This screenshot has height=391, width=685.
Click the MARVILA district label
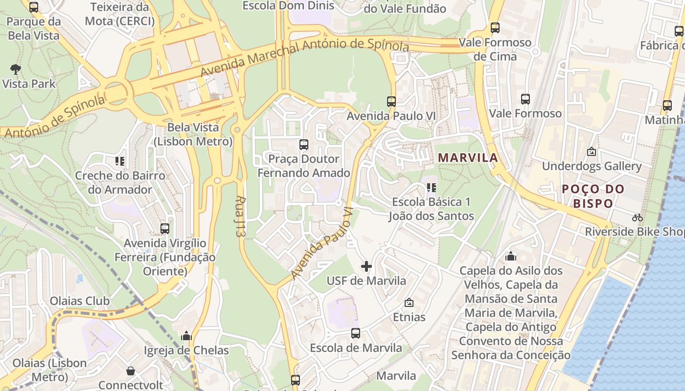pyautogui.click(x=468, y=158)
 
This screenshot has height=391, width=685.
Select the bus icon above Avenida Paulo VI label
pyautogui.click(x=391, y=102)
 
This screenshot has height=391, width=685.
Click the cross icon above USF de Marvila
pyautogui.click(x=366, y=266)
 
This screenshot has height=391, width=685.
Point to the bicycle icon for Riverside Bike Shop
pyautogui.click(x=637, y=217)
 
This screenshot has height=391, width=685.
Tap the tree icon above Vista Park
pyautogui.click(x=16, y=69)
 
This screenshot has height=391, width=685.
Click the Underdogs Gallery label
pyautogui.click(x=592, y=166)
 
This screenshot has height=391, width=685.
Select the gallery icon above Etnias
pyautogui.click(x=409, y=303)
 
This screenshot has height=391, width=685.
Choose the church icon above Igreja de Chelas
pyautogui.click(x=186, y=336)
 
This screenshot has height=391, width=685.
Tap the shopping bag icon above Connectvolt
pyautogui.click(x=130, y=371)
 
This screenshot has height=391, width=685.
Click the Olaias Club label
pyautogui.click(x=80, y=301)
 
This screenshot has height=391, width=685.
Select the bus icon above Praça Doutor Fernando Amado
pyautogui.click(x=304, y=145)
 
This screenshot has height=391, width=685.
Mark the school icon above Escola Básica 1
pyautogui.click(x=431, y=187)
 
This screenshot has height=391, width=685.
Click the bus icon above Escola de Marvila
pyautogui.click(x=356, y=333)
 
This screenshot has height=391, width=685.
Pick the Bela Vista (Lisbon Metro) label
pyautogui.click(x=193, y=134)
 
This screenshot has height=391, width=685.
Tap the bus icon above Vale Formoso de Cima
pyautogui.click(x=495, y=28)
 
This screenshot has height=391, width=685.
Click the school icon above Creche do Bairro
pyautogui.click(x=120, y=161)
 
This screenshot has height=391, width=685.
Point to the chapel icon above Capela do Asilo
pyautogui.click(x=511, y=256)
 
